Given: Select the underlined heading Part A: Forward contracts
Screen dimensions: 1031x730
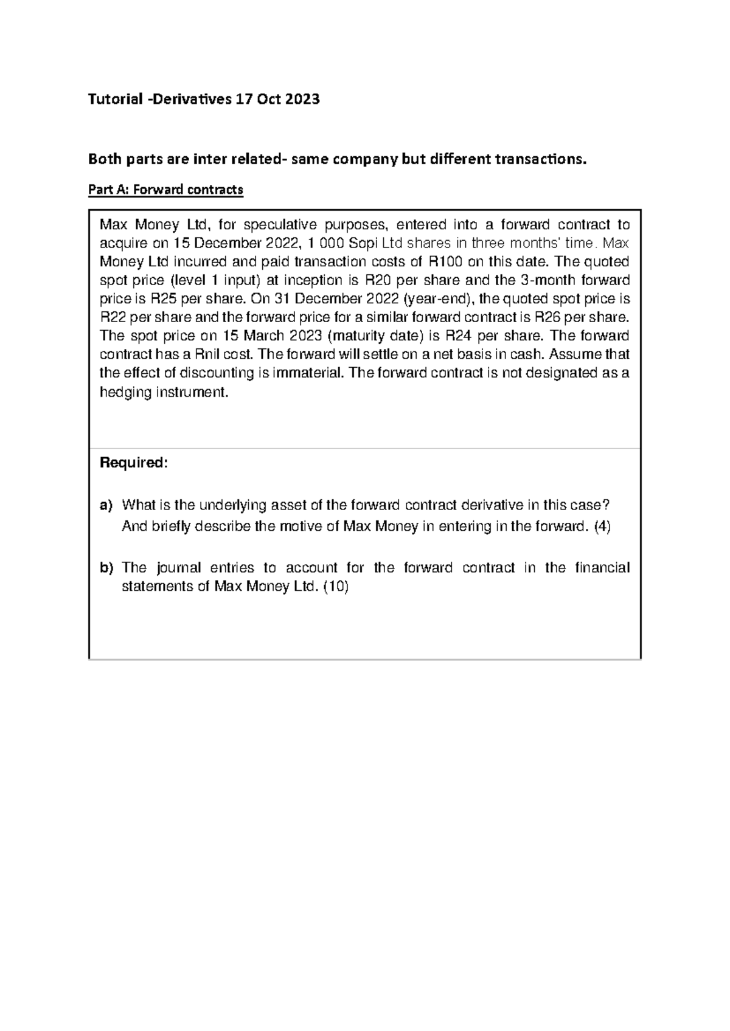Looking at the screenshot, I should tap(165, 190).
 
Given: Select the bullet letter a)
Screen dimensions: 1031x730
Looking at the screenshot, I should tap(106, 505).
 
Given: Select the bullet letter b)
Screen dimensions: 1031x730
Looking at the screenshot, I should tap(106, 568).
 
